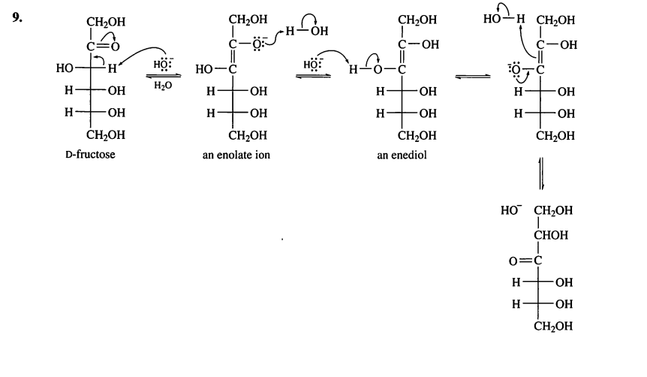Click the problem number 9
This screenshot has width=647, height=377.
(x=17, y=17)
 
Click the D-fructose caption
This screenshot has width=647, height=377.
(x=90, y=155)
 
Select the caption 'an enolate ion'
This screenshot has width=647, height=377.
(x=236, y=155)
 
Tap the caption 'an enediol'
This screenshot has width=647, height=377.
(x=402, y=155)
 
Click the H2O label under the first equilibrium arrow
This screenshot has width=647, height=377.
(x=163, y=86)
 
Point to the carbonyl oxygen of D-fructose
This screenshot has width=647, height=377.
(x=114, y=47)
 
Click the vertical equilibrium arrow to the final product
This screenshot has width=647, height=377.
(x=541, y=173)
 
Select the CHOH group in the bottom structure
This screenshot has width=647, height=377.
(x=551, y=235)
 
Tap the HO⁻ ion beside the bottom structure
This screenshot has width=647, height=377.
(x=511, y=210)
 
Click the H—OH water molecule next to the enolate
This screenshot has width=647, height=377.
(x=306, y=31)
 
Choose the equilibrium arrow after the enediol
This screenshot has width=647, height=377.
(x=473, y=77)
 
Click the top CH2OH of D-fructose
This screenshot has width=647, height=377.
(x=106, y=22)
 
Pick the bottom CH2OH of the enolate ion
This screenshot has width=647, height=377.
(x=248, y=135)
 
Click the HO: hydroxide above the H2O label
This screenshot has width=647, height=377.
(x=164, y=65)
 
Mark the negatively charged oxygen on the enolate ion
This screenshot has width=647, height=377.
(x=257, y=44)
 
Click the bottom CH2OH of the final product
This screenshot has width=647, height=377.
(x=553, y=326)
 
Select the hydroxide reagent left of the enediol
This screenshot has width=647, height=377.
(x=313, y=65)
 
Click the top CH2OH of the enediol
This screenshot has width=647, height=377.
(x=417, y=20)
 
